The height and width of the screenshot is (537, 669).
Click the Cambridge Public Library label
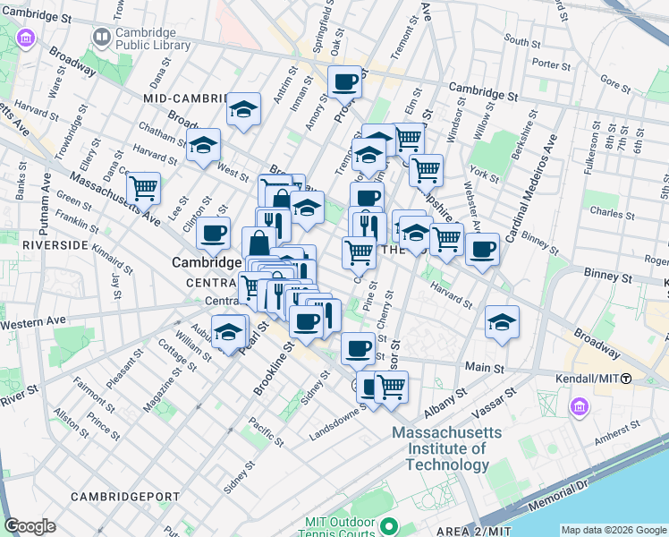point(152,38)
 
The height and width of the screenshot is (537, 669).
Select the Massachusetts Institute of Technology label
point(446,448)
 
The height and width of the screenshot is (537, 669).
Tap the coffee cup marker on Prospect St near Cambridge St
point(344,83)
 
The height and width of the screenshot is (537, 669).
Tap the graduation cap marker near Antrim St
point(243,110)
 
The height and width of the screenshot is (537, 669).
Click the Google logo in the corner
point(30,526)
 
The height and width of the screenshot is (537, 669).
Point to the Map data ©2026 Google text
point(614,530)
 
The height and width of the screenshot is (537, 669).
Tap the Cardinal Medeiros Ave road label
point(531,188)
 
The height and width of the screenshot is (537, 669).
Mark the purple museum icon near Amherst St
point(580,407)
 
